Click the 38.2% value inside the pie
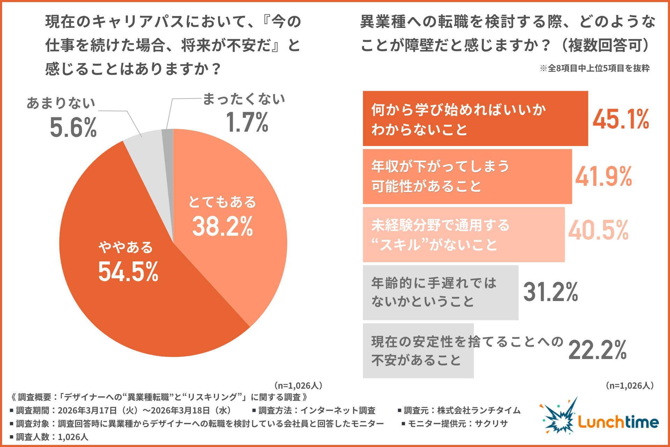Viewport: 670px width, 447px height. point(222,226)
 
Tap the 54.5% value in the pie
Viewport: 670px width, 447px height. point(128,272)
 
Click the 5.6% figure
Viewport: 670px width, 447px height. point(73,127)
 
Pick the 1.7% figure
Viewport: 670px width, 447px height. point(247,122)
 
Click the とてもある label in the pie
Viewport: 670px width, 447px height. point(222,202)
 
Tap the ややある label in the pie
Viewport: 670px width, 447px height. point(126,247)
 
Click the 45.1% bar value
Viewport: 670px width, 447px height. point(621,119)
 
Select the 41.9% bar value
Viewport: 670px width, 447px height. point(604,176)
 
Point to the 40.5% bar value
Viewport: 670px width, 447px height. point(598,230)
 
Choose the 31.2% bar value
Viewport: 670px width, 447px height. point(551,292)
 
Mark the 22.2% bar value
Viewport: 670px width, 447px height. point(597,350)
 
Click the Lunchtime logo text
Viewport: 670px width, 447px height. point(618,422)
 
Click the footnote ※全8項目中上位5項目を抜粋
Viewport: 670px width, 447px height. point(595,68)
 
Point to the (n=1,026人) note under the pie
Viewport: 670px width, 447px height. point(298,386)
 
